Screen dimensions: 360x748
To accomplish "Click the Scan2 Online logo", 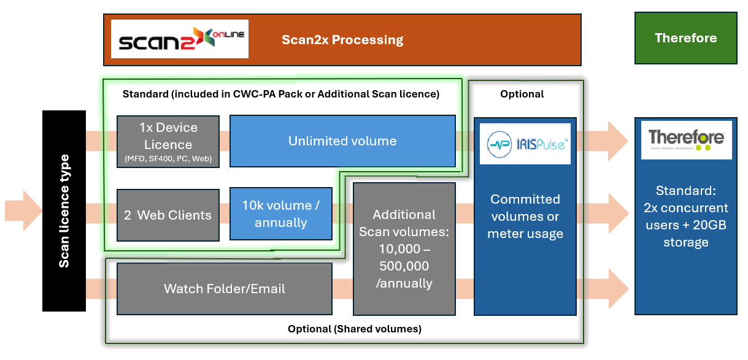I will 179,39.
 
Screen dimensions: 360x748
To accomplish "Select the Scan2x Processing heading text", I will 342,40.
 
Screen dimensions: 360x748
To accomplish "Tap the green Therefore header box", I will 685,38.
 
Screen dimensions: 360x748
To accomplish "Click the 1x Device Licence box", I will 168,141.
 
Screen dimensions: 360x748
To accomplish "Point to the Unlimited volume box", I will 342,141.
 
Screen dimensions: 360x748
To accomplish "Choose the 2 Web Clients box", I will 168,215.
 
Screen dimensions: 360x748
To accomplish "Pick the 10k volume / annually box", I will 280,215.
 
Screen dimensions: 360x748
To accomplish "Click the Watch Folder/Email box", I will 224,288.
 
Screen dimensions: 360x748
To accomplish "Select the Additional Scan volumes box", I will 404,248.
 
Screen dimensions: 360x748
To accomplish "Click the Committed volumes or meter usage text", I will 525,216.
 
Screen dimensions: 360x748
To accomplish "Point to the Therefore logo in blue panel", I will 686,140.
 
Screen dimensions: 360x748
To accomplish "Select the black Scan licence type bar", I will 64,211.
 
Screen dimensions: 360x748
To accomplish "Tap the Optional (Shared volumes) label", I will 354,329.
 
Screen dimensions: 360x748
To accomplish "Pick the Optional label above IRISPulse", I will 522,94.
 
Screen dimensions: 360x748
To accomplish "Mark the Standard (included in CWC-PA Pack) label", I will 281,94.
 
